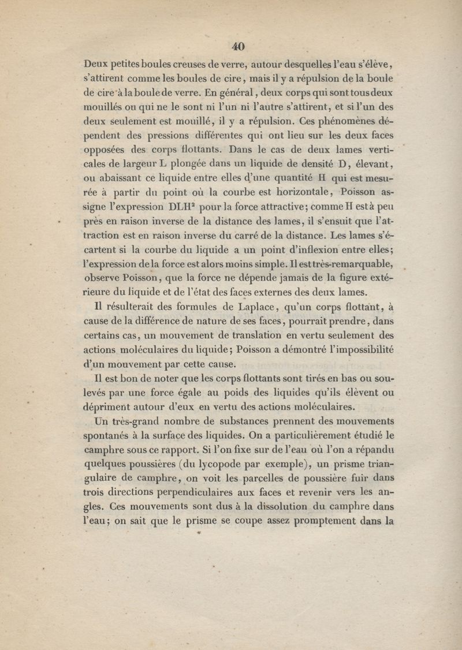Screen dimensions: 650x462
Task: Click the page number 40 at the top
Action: tap(238, 47)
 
